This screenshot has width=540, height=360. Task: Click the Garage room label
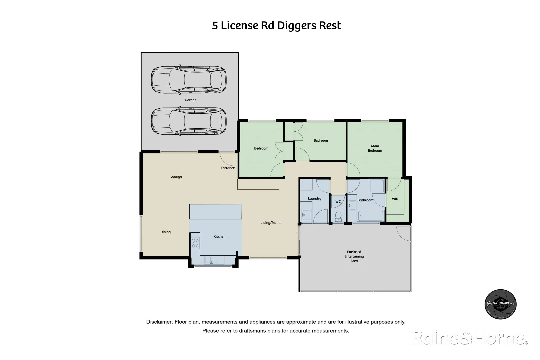(x=190, y=100)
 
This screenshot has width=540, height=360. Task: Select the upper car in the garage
(x=189, y=80)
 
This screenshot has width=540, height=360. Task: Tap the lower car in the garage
(x=189, y=121)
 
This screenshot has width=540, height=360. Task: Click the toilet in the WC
(x=338, y=216)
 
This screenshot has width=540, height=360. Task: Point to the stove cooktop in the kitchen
(x=195, y=243)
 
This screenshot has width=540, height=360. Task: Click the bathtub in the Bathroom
(x=371, y=216)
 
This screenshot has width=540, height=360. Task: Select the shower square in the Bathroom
(x=377, y=186)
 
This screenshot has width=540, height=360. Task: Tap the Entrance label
(x=228, y=168)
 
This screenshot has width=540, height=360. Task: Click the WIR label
(x=395, y=199)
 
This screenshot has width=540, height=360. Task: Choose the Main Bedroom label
(x=375, y=148)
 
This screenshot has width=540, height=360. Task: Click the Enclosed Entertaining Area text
(x=354, y=256)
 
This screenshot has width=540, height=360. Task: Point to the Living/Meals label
(x=271, y=223)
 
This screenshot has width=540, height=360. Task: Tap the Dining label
(x=165, y=232)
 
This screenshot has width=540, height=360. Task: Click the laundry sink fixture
(x=306, y=214)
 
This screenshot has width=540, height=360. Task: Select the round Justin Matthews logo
(x=500, y=304)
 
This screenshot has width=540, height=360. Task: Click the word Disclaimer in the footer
(x=159, y=322)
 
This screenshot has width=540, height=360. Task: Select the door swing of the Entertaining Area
(x=404, y=233)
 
